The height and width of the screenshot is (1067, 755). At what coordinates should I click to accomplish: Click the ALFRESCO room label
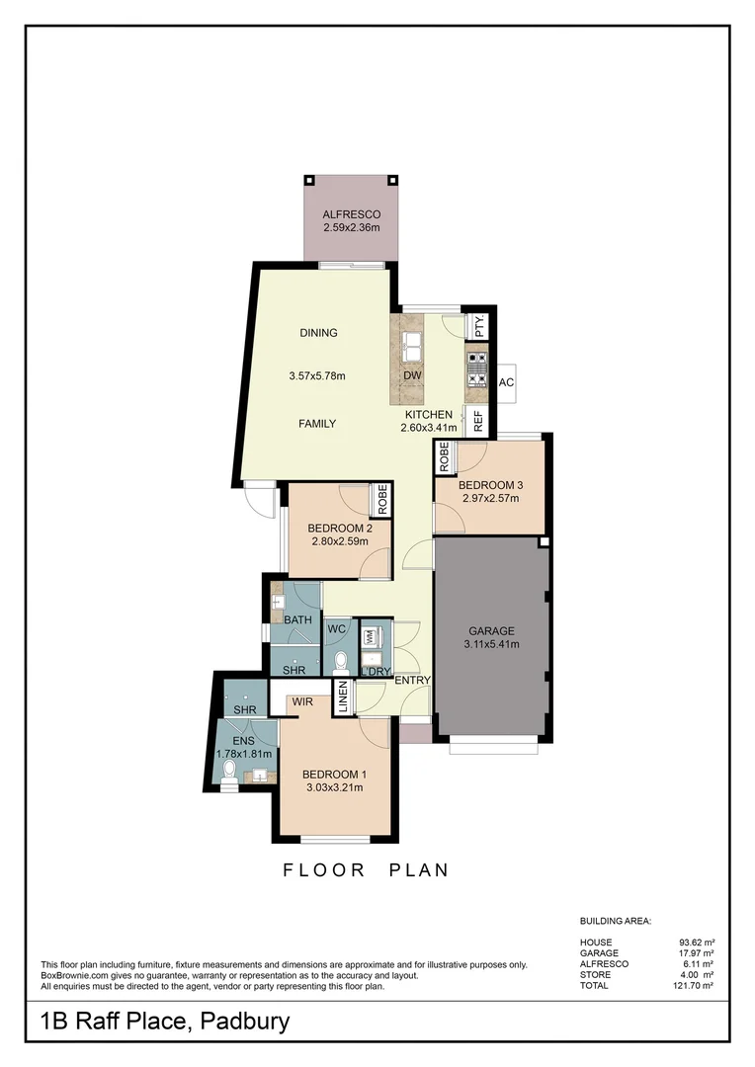point(351,214)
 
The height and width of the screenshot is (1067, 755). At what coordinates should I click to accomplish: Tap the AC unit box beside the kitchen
point(507,382)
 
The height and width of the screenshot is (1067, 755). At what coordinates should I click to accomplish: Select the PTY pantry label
point(479,327)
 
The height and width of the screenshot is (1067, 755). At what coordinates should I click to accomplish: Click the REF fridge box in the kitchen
point(479,422)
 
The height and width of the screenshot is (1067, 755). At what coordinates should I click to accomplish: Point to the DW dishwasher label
point(413,375)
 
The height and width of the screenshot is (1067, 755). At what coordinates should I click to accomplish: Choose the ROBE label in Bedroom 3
point(445,455)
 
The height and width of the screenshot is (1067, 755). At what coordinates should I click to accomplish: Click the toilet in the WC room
point(341,659)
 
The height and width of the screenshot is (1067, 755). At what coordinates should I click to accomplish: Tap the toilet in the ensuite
point(229,768)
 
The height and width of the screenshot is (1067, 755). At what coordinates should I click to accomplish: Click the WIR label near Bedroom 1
point(303,701)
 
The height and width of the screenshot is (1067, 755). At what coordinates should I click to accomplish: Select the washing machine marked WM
point(371,639)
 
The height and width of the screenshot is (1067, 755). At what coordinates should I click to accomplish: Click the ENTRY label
point(412,681)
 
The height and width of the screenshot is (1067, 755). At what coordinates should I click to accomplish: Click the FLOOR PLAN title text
point(366,870)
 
